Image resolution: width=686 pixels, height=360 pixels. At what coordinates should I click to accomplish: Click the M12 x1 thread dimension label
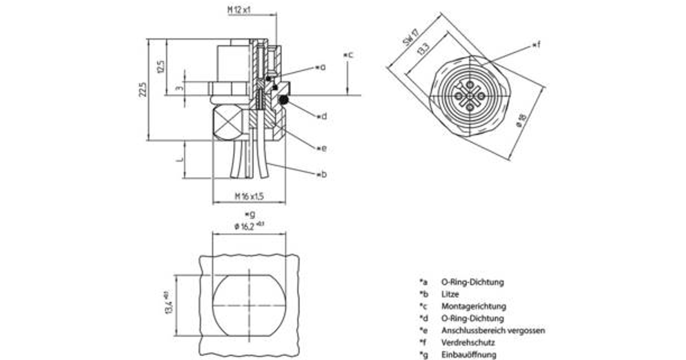click(x=240, y=10)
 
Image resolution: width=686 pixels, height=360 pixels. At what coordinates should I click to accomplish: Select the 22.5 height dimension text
click(x=143, y=90)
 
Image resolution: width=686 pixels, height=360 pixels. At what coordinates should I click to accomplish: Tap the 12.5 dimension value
click(x=161, y=66)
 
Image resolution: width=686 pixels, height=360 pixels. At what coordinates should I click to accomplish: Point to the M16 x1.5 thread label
click(x=249, y=196)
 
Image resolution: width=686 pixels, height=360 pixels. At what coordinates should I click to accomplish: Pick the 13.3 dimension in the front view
click(x=422, y=49)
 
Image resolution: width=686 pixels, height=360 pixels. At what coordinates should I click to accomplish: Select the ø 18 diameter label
click(x=520, y=121)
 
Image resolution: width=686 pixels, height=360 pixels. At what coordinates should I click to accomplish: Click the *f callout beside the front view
click(x=536, y=44)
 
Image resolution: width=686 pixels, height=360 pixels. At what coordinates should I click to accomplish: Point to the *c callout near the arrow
click(x=348, y=55)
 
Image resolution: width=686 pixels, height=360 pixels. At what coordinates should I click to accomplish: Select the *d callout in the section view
click(x=322, y=116)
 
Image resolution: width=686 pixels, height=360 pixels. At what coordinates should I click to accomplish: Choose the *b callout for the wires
click(x=322, y=174)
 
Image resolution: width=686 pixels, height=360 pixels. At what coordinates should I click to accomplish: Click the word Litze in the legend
click(x=450, y=294)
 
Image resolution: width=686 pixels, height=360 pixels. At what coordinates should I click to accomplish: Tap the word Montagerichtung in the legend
click(x=473, y=306)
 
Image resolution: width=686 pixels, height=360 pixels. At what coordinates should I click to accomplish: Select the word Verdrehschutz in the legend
click(x=468, y=343)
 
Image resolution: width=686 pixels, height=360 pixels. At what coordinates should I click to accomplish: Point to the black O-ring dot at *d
click(x=283, y=101)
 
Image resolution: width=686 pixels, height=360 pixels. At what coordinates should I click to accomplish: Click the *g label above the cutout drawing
click(x=249, y=214)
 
